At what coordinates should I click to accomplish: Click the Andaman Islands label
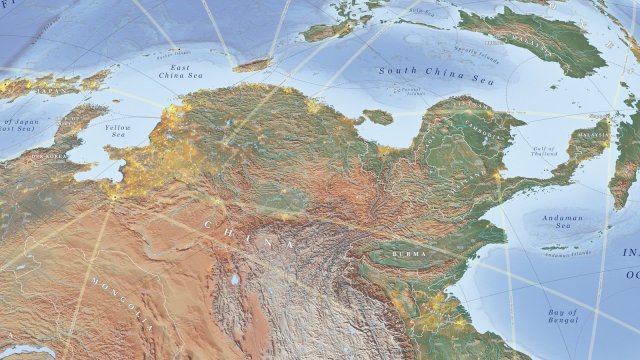pos(567,251)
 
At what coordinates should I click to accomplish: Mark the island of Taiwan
pos(252,65)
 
